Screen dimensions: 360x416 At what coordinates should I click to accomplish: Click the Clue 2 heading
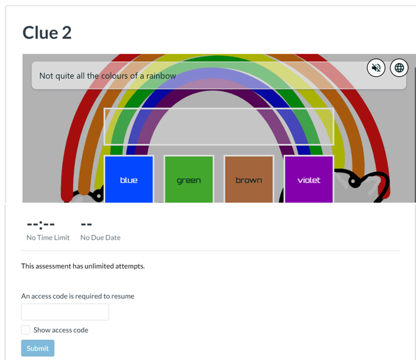point(47,32)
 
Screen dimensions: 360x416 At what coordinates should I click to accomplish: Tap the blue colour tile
point(129,179)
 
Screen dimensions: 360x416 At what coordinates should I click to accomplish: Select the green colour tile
point(189,179)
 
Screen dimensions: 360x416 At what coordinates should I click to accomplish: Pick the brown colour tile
point(249,179)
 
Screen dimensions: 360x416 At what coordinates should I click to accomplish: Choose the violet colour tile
point(309,179)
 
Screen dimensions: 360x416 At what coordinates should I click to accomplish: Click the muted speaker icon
point(376,68)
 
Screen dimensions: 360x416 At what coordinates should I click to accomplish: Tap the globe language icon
point(399,68)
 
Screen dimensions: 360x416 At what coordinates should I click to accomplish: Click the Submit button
point(38,348)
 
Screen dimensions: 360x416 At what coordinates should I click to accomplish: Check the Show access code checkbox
point(26,330)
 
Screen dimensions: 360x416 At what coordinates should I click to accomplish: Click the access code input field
point(65,312)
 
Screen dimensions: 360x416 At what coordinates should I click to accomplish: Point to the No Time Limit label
point(48,237)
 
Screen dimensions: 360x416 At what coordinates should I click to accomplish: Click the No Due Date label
point(100,237)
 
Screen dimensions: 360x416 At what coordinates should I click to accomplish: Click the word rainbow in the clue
point(160,76)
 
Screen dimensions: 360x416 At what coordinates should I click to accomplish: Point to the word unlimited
point(101,266)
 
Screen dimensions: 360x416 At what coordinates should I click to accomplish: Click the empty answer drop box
point(218,127)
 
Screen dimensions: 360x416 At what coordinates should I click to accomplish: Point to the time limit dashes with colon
point(40,224)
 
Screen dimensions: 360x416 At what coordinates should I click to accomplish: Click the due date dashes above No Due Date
point(87,224)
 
